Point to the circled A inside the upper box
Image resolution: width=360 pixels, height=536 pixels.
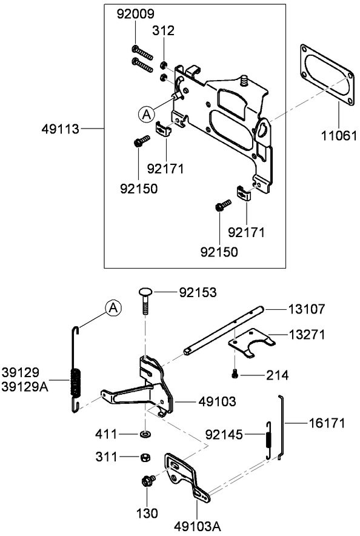coord(145,113)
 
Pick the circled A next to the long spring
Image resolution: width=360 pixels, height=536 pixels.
coord(112,308)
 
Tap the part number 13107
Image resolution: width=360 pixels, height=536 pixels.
coord(305,309)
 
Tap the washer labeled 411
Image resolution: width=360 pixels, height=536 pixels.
coord(146,434)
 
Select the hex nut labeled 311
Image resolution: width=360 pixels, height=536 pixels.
coord(145,457)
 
